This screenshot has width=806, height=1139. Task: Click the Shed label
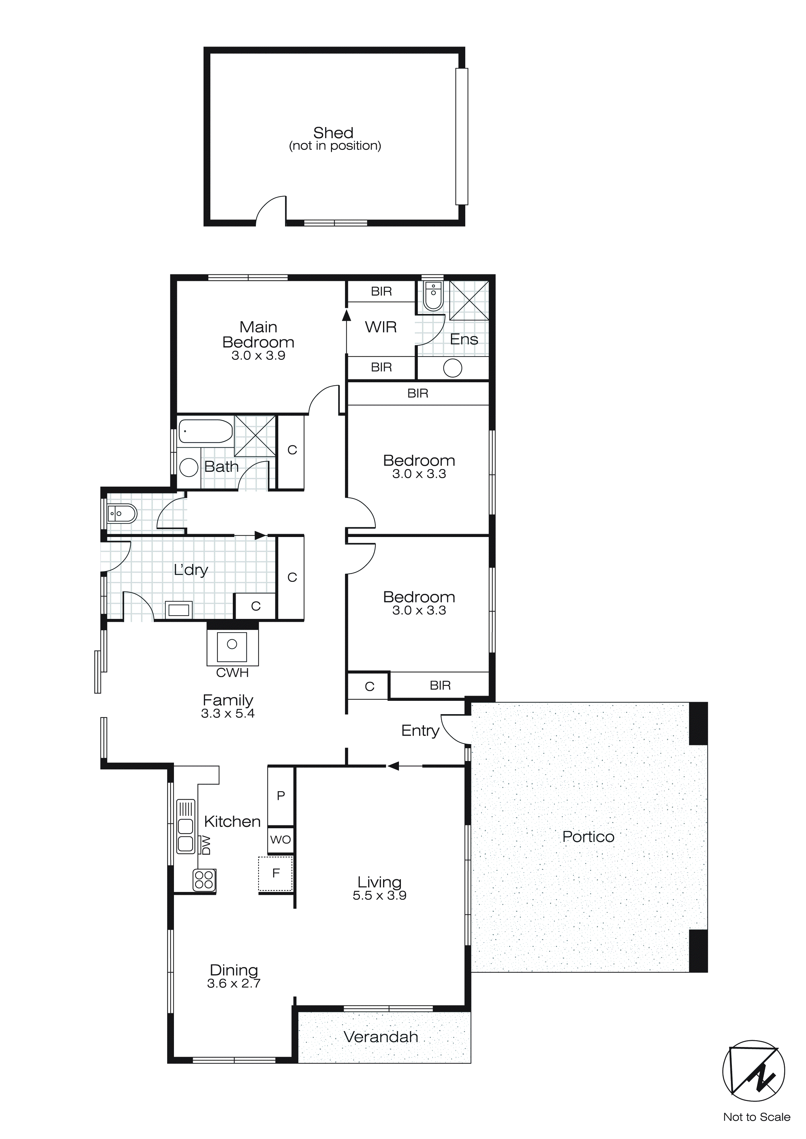pyautogui.click(x=333, y=133)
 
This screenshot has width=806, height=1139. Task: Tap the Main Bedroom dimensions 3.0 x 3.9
pyautogui.click(x=258, y=356)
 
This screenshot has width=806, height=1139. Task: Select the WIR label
pyautogui.click(x=381, y=327)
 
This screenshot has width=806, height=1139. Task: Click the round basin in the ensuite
pyautogui.click(x=452, y=368)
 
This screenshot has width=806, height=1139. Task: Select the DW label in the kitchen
pyautogui.click(x=206, y=845)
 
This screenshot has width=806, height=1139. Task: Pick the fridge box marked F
pyautogui.click(x=276, y=873)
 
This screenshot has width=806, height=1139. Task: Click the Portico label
pyautogui.click(x=588, y=837)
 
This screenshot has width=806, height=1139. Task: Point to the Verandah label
pyautogui.click(x=381, y=1037)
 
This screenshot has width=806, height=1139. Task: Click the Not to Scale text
pyautogui.click(x=756, y=1116)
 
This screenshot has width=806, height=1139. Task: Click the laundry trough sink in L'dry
pyautogui.click(x=178, y=609)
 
